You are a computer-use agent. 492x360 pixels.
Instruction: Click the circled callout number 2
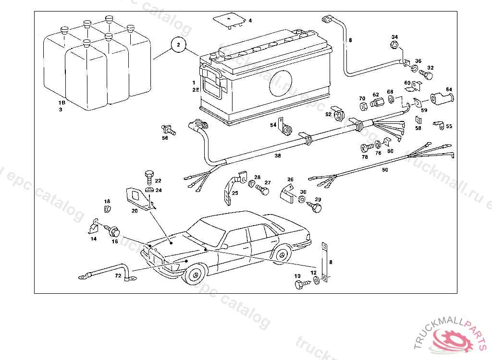[x=178, y=46]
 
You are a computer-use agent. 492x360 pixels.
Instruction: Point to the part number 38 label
[x=278, y=156]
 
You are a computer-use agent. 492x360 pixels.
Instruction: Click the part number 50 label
[x=385, y=170]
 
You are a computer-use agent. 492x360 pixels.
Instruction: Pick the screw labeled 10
[x=300, y=285]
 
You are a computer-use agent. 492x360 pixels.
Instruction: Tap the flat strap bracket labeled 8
[x=325, y=262]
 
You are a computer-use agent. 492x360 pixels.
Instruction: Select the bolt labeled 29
[x=316, y=207]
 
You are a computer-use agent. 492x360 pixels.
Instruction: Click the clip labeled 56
[x=169, y=129]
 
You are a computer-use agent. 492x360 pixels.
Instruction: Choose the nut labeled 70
[x=363, y=106]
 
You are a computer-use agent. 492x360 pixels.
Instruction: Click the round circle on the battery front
[x=281, y=83]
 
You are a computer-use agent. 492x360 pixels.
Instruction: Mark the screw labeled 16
[x=113, y=231]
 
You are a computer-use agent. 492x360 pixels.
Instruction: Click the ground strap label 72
[x=118, y=276]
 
